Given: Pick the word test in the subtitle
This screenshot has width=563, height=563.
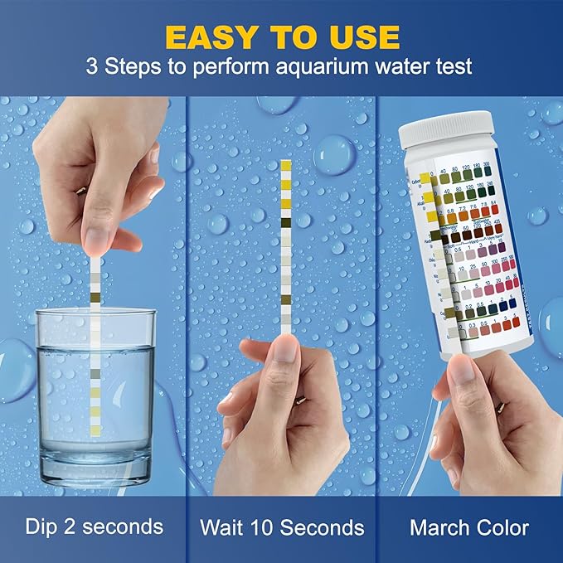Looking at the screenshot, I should [454, 66].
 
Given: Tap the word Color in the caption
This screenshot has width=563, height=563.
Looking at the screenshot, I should [502, 527].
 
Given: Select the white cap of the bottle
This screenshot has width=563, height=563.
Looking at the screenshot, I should [437, 133].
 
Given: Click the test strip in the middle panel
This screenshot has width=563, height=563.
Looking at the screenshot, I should [286, 249].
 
